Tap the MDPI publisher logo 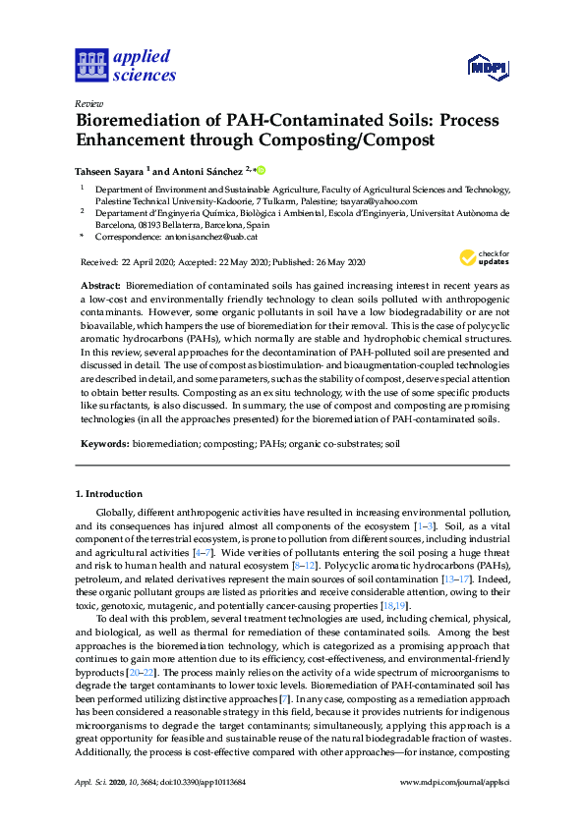click(490, 68)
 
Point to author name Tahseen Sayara click(112, 169)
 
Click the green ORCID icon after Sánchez click(262, 169)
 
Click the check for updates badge click(482, 257)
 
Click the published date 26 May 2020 click(340, 261)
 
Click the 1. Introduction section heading click(110, 493)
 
